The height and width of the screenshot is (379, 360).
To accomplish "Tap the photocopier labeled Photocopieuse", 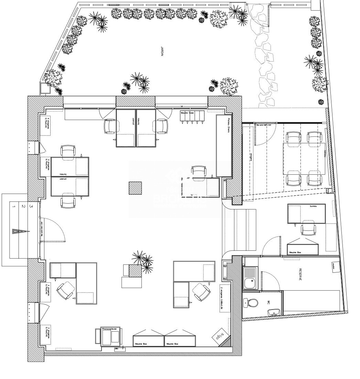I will pos(110,337).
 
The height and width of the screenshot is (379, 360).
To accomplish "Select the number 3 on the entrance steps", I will pos(31,206).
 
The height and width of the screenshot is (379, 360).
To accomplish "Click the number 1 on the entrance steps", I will pos(14,206).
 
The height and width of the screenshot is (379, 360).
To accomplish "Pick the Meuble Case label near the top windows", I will pos(187,112).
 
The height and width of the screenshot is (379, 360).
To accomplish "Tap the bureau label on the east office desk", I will pos(313,206).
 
